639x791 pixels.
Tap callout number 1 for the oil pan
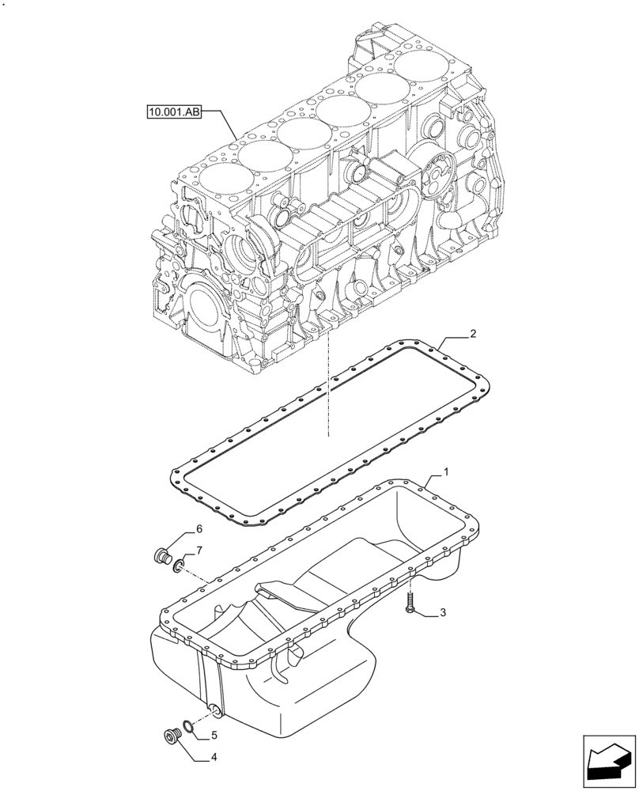(446, 472)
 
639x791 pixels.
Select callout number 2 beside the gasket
(472, 335)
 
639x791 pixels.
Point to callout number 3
(444, 612)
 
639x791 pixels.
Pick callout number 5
(212, 736)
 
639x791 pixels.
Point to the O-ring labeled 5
(187, 726)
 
